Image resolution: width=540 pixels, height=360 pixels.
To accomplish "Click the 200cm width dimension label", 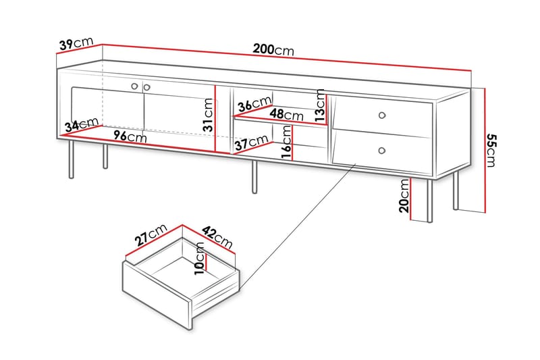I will (273, 49).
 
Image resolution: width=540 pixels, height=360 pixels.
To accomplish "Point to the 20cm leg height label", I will (404, 196).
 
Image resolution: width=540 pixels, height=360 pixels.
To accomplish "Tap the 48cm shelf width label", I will (287, 115).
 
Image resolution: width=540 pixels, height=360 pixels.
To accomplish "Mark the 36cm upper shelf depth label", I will (254, 105).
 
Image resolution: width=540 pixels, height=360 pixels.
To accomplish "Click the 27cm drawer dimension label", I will (151, 236).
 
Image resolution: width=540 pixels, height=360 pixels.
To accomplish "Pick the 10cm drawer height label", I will (200, 257).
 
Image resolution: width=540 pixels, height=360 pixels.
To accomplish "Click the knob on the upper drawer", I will (383, 114).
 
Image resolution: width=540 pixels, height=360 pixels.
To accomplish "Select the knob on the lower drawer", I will (382, 150).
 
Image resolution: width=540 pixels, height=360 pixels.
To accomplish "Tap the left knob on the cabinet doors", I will (134, 86).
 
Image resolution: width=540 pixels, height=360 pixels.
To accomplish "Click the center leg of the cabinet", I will (254, 177).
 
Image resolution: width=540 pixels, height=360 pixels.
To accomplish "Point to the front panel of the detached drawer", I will (156, 294).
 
